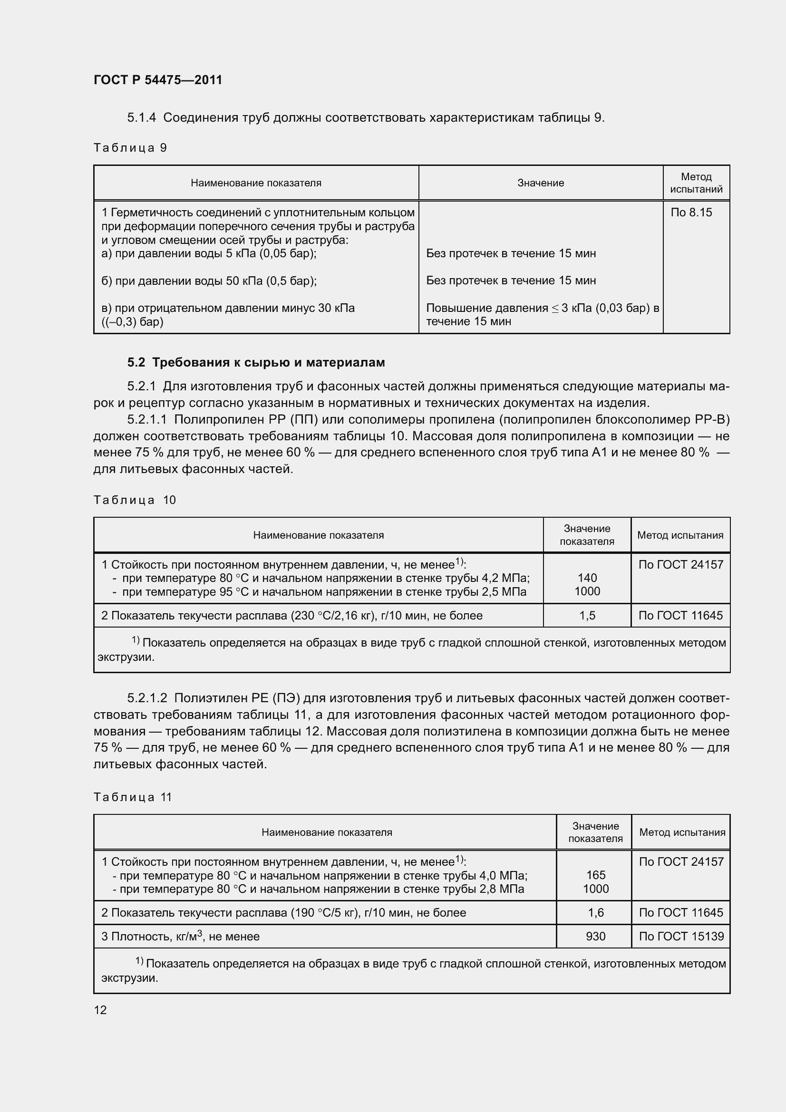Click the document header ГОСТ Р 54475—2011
pos(158,80)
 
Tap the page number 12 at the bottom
pos(100,1009)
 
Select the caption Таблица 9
pos(130,148)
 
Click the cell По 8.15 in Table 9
pos(691,212)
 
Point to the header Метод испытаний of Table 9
pos(696,183)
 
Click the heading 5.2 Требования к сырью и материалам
pos(256,362)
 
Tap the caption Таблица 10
pos(135,500)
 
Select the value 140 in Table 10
pos(587,578)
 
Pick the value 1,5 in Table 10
pos(587,616)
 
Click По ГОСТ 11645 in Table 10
pos(680,616)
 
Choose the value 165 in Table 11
pos(595,875)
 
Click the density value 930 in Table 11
pos(595,936)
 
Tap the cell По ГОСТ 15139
pos(681,936)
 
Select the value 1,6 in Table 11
pos(595,912)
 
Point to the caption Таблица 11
pos(133,797)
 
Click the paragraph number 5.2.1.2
pos(147,698)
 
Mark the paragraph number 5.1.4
pos(141,118)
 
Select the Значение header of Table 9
pos(541,183)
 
